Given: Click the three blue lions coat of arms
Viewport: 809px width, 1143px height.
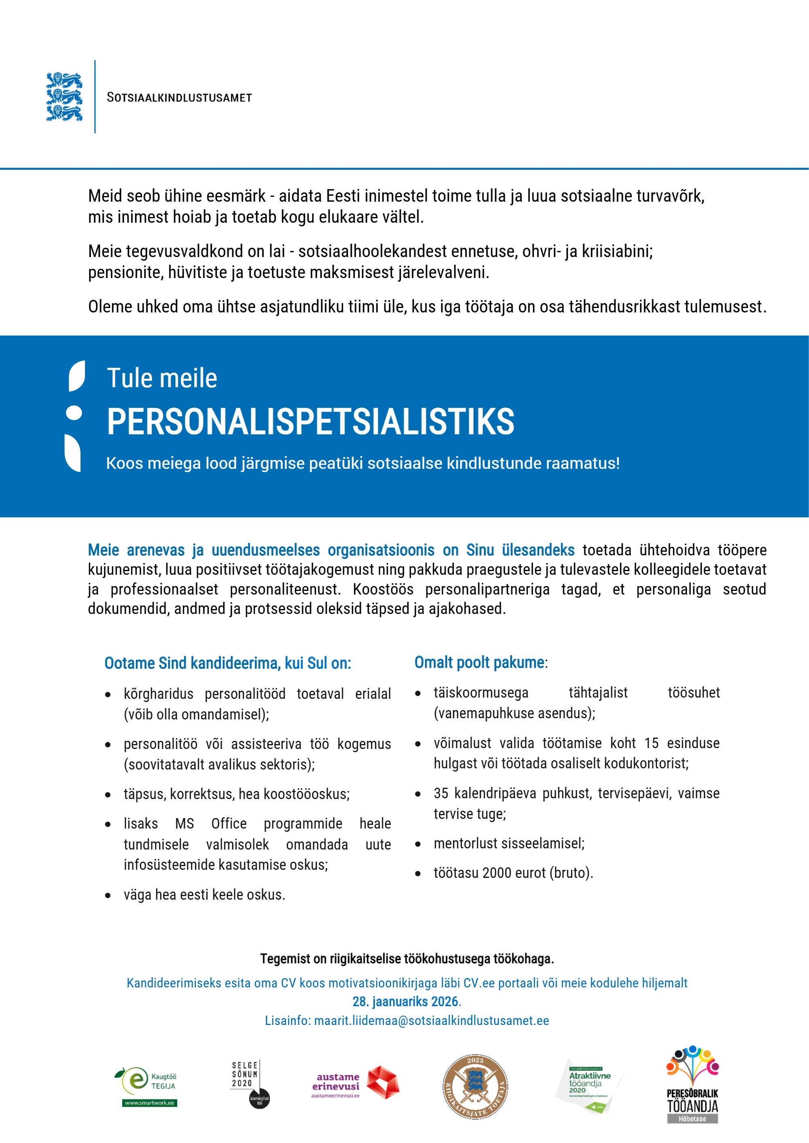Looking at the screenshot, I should [64, 97].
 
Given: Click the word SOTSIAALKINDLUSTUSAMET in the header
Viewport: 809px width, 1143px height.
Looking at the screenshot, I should [179, 97].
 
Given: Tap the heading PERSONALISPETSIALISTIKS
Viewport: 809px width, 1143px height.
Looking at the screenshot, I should [310, 422].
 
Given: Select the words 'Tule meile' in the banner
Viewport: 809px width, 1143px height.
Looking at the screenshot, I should [162, 378].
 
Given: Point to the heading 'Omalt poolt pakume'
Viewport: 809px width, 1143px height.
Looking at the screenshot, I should [479, 662].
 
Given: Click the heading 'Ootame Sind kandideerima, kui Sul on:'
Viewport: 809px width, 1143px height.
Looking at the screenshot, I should [228, 664].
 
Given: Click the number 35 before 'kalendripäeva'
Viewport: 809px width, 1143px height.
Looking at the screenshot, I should [441, 793].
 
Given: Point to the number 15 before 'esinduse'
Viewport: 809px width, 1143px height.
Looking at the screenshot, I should [651, 743].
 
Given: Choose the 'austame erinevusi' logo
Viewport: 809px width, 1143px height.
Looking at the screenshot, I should [355, 1084].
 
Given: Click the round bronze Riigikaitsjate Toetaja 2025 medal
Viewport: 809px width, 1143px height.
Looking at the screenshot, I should [475, 1087].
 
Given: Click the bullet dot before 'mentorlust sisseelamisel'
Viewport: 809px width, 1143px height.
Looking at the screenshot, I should [418, 844].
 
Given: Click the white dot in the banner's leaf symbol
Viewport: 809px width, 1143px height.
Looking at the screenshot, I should [74, 413].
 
